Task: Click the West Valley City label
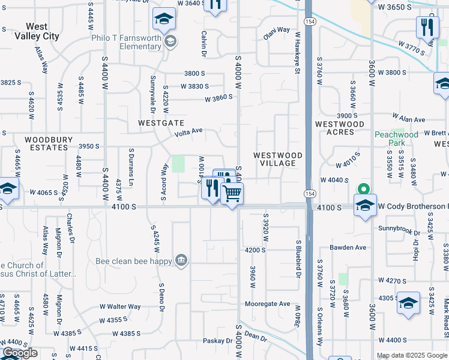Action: pos(43,31)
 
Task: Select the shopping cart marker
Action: pos(232,194)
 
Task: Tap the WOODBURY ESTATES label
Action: pos(49,143)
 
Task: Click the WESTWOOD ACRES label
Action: pos(340,128)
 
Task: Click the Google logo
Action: pos(20,353)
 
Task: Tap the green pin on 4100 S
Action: pos(363,188)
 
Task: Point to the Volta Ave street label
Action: pos(189,131)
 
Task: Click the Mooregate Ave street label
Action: pos(268,304)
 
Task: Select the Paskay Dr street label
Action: pos(217,341)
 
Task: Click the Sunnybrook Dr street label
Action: pos(399,229)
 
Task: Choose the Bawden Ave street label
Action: pos(348,247)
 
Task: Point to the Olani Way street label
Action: pos(276,30)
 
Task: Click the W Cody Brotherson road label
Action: pos(413,207)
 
